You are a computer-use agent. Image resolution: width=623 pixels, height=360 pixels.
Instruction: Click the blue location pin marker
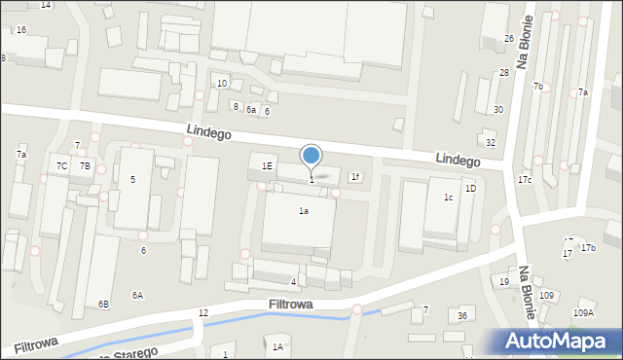click(311, 156)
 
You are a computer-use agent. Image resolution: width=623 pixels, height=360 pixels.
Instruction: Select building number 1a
click(304, 211)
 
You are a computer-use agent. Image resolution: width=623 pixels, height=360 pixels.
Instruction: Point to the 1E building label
click(267, 165)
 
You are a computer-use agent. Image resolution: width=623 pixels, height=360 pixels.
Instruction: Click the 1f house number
click(355, 177)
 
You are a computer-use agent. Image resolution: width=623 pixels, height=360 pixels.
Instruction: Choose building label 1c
click(449, 198)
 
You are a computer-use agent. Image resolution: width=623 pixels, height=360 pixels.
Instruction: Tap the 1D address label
click(470, 188)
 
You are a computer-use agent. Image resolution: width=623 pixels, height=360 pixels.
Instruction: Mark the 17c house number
click(525, 180)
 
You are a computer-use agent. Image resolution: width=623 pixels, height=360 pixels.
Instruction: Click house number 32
click(491, 143)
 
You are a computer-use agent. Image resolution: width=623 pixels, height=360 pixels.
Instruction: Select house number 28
click(504, 73)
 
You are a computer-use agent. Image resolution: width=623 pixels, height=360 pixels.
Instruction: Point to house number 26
click(509, 39)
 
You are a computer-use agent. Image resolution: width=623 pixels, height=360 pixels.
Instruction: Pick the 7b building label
click(537, 87)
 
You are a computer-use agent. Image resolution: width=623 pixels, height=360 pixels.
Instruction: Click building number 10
click(222, 84)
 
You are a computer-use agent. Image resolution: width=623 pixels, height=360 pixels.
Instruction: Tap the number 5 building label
click(132, 180)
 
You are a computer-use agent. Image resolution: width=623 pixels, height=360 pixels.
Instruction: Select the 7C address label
click(61, 166)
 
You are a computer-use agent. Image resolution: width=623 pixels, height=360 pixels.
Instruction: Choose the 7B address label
click(85, 166)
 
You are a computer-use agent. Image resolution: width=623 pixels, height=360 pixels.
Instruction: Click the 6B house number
click(103, 304)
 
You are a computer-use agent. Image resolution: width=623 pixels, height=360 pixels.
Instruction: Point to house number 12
click(203, 312)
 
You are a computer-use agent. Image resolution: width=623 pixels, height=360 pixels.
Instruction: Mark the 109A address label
click(583, 313)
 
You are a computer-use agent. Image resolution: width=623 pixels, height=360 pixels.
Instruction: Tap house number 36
click(463, 316)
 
